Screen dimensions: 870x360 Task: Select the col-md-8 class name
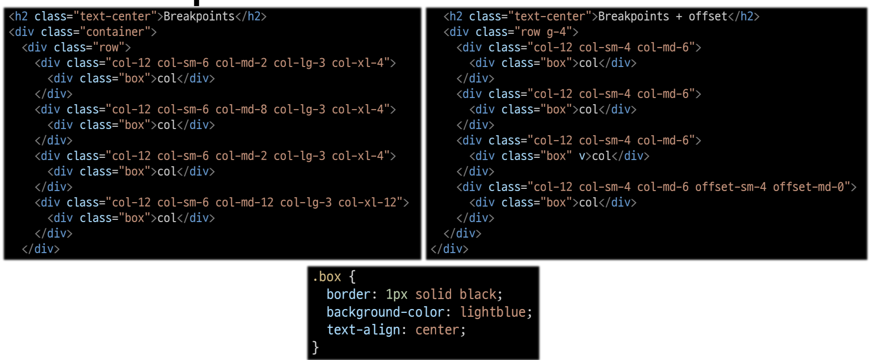241,110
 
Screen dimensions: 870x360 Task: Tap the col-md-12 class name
244,203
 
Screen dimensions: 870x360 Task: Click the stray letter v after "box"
582,156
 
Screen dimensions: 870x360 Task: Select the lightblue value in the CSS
493,312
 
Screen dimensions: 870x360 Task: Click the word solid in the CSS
433,295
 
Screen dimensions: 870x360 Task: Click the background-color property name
385,312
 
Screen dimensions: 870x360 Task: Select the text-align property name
363,330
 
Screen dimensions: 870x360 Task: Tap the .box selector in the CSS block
327,277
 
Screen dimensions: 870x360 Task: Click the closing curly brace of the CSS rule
315,347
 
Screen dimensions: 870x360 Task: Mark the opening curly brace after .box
352,277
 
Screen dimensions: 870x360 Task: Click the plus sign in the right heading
679,17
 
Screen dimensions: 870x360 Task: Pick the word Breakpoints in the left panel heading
199,17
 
